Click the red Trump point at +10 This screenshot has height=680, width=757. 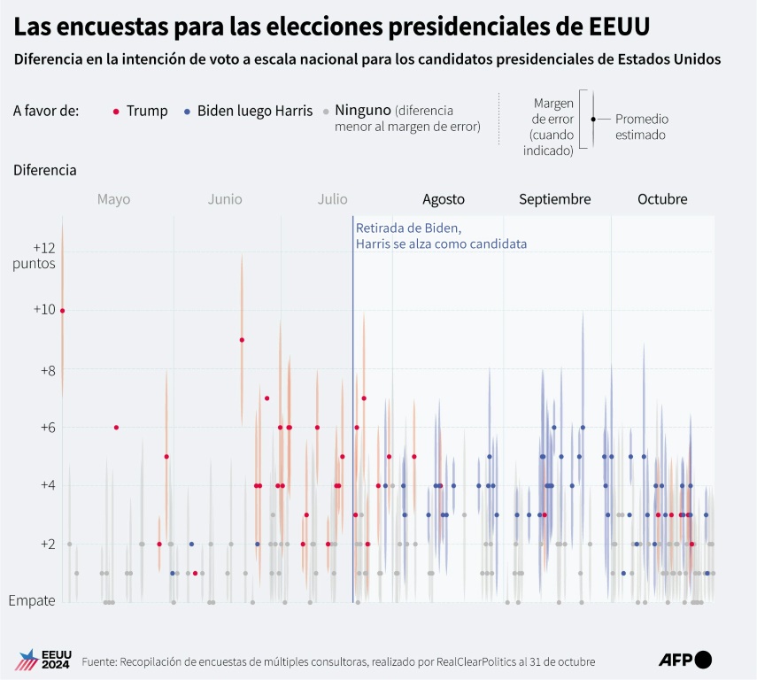[62, 311]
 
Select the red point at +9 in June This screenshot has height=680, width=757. [242, 340]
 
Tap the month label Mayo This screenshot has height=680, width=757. [113, 199]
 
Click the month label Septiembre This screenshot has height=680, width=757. [554, 199]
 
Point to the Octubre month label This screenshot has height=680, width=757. [662, 199]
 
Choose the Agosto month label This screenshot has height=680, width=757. [444, 199]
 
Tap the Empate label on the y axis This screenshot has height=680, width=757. [32, 600]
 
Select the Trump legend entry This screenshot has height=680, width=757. [141, 111]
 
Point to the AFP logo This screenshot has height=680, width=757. [685, 659]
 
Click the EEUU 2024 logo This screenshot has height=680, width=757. [39, 660]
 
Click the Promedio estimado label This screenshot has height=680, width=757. [641, 127]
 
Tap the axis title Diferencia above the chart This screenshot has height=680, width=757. [44, 169]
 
